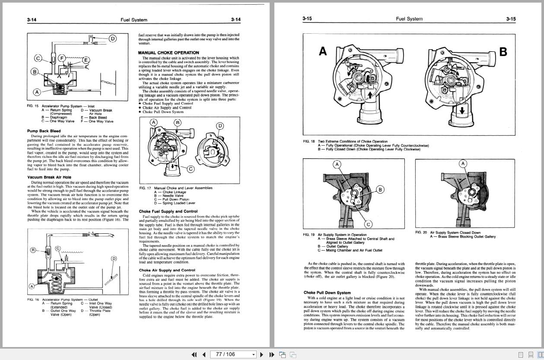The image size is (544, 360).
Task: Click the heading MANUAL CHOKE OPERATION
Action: [x=169, y=53]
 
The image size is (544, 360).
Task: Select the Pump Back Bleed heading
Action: [x=44, y=131]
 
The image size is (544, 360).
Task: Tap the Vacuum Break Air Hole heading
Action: [x=49, y=177]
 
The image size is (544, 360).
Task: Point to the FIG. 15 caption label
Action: [x=33, y=106]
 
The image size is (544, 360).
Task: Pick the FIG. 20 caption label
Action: [x=421, y=233]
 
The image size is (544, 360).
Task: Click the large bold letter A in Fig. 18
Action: [x=323, y=51]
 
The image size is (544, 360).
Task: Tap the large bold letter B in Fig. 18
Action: [x=503, y=52]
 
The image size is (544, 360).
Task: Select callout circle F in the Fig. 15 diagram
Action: [x=62, y=57]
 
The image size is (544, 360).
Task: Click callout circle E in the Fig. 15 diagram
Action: [x=86, y=60]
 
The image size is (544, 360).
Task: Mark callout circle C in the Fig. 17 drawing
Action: [x=190, y=169]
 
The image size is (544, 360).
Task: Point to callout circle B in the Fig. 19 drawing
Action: [x=380, y=189]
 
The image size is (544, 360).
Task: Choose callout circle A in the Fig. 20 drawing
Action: [x=463, y=163]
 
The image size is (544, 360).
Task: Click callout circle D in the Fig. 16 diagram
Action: [x=114, y=258]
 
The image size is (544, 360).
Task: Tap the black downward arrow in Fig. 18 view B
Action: [x=462, y=110]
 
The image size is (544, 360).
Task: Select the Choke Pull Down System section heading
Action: [x=327, y=293]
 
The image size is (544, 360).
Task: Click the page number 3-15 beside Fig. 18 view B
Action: [x=510, y=19]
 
